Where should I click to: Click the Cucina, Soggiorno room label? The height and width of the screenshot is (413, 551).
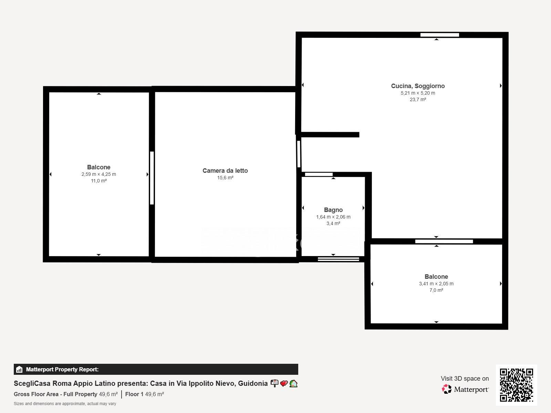418,86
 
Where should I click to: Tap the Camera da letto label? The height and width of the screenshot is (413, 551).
225,171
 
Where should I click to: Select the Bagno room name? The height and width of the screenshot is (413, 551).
333,210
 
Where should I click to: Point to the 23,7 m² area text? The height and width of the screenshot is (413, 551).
418,99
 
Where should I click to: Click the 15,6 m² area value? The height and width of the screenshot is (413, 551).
225,178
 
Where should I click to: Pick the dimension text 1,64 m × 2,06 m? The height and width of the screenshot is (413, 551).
333,217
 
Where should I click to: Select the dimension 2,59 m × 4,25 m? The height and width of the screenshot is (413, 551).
98,174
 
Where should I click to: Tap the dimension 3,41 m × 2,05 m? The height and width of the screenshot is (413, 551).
436,284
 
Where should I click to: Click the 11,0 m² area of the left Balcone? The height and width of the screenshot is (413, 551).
98,181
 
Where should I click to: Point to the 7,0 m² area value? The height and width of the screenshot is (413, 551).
436,290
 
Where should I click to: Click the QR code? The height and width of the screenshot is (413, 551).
516,385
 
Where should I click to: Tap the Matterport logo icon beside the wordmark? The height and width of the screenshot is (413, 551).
447,389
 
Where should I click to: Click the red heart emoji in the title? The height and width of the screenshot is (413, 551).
284,383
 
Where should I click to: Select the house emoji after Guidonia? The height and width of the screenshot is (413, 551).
293,383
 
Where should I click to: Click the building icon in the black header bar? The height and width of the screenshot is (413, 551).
19,369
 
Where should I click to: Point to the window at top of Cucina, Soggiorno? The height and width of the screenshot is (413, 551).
439,35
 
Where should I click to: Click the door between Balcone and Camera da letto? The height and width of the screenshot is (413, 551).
152,178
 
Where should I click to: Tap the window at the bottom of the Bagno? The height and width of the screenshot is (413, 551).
339,259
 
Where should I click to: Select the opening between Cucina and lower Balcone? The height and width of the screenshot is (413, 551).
444,242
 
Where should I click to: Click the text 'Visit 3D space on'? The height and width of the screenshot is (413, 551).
465,379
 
